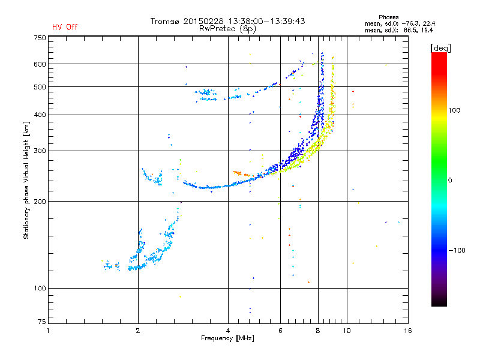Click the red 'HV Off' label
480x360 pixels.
point(65,27)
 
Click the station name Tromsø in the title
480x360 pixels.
point(164,21)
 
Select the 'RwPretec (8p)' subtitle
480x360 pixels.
point(227,29)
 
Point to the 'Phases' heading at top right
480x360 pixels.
point(388,17)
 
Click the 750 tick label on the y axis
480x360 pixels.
point(40,38)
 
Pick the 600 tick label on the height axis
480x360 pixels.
point(40,64)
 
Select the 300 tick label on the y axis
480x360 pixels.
point(40,151)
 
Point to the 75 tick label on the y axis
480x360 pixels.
point(42,322)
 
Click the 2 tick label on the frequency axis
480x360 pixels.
point(138,331)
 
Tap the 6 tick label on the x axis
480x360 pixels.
point(280,331)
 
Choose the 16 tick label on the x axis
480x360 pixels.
point(408,331)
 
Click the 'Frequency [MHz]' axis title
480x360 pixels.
point(227,338)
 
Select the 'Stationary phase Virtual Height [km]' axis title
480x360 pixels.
point(26,180)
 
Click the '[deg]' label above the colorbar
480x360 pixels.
point(440,48)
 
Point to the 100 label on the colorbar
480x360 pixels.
point(454,110)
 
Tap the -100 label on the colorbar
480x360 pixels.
point(457,250)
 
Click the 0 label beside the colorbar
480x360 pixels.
point(450,181)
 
